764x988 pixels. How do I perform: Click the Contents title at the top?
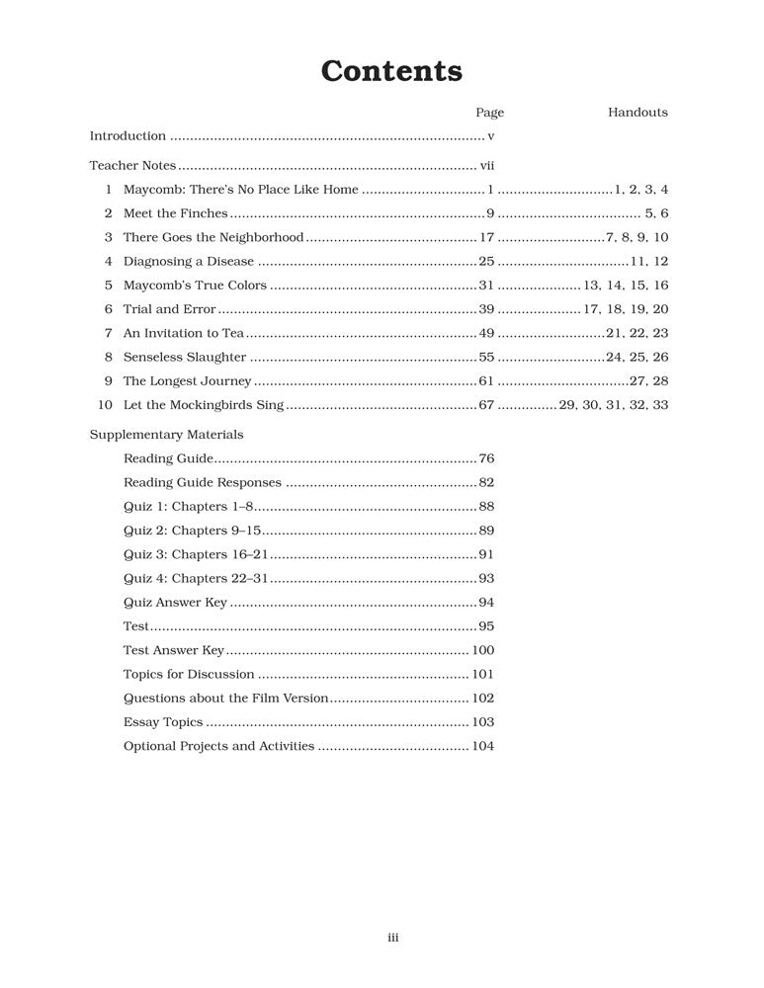391,71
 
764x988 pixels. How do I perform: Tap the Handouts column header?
637,113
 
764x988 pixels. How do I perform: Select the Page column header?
489,113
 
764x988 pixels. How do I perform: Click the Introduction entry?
127,136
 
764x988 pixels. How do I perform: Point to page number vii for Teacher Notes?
486,166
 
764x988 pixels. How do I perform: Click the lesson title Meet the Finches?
175,213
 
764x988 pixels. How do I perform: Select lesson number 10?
106,405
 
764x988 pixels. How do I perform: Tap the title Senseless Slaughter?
185,357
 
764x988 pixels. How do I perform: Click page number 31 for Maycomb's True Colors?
485,286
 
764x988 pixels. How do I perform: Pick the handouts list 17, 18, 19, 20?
626,309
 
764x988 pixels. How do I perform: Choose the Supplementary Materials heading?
166,435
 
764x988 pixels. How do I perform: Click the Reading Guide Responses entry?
203,483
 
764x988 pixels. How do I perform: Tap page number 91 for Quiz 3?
486,555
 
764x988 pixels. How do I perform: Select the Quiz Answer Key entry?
175,603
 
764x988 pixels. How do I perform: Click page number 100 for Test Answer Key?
482,650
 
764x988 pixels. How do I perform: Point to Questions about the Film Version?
225,698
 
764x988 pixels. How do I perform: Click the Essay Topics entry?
163,722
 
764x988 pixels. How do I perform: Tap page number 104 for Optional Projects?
482,746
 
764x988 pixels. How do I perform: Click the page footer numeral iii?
392,938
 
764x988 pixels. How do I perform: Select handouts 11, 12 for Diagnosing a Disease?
649,262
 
